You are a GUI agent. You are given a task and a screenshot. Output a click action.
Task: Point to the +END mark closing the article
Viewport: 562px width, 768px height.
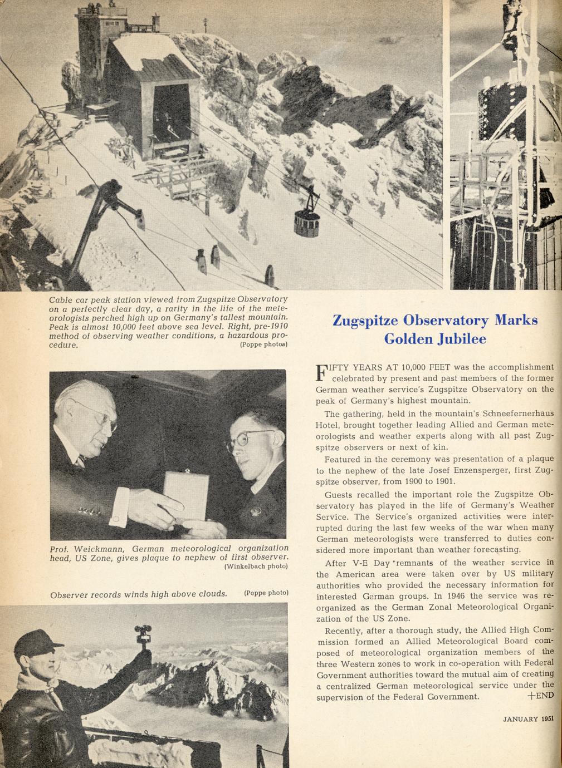[540, 696]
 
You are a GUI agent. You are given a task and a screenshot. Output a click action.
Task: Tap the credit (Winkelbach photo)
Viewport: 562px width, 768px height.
[255, 567]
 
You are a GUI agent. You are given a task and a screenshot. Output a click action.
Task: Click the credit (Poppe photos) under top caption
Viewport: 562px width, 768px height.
[263, 344]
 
